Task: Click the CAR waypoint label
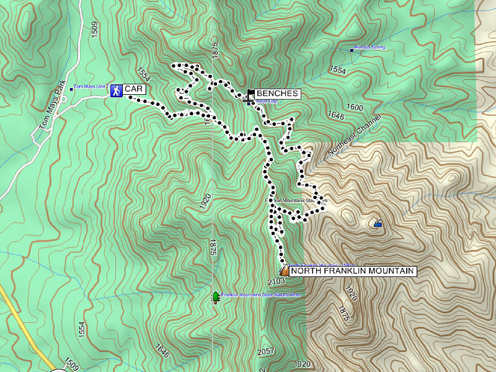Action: [x=135, y=89]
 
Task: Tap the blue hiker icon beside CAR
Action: [x=116, y=91]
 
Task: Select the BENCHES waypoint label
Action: [x=277, y=94]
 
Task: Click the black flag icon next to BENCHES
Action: [x=250, y=94]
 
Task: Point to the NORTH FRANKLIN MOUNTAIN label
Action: [x=352, y=271]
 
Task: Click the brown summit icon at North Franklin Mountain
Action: [x=284, y=270]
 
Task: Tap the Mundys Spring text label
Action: [x=370, y=47]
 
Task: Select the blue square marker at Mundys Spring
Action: [x=352, y=50]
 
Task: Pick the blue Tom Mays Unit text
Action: [x=91, y=87]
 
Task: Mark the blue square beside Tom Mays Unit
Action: [x=71, y=89]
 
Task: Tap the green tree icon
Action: [x=215, y=297]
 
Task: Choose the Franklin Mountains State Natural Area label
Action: [x=261, y=294]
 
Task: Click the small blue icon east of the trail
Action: [x=378, y=223]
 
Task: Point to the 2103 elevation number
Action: [x=277, y=281]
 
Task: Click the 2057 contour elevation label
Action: [x=265, y=352]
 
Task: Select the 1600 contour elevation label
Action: [x=355, y=107]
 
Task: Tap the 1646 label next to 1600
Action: [x=336, y=115]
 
